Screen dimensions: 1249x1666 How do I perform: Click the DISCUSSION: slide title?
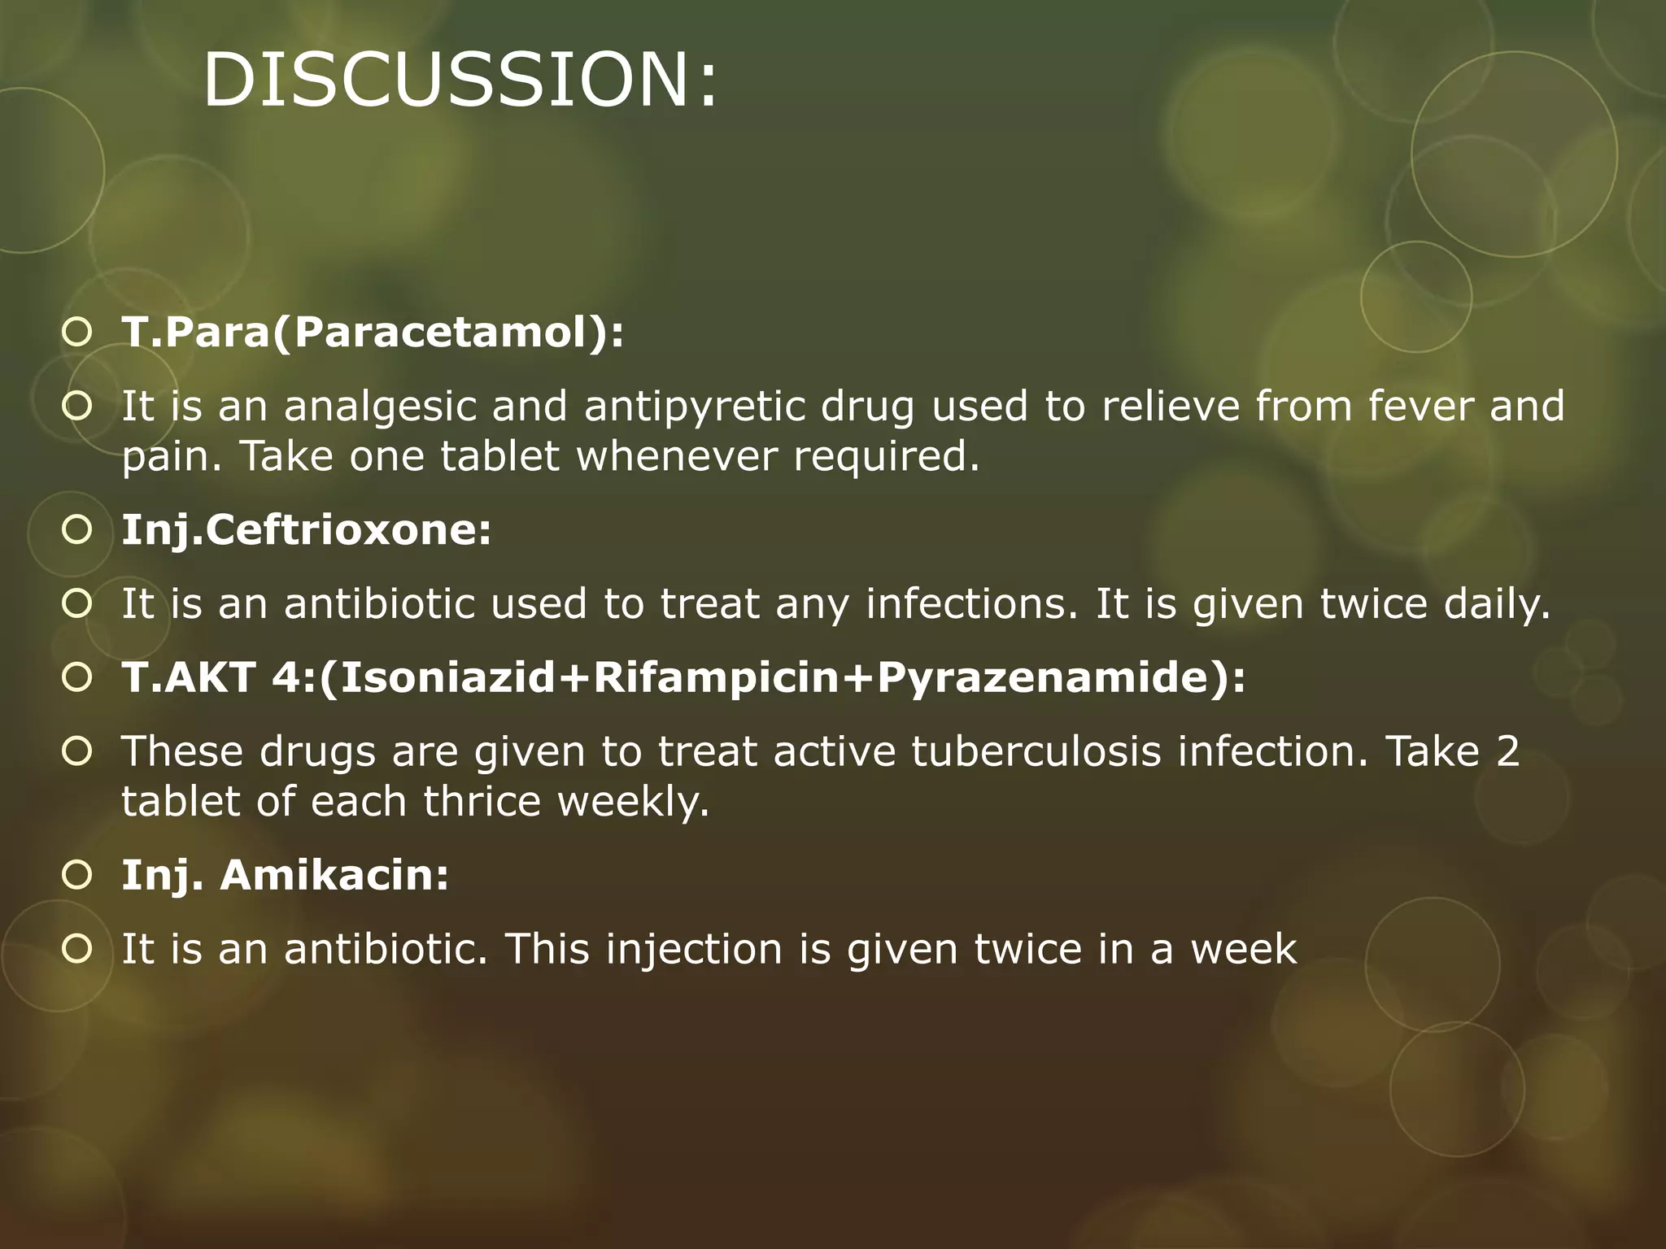point(460,80)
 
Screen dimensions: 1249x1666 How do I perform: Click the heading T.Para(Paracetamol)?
point(373,333)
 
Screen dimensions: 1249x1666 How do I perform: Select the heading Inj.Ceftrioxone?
point(307,530)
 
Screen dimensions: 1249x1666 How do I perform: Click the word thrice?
point(482,802)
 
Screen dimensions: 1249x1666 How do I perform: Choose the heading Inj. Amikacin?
point(285,876)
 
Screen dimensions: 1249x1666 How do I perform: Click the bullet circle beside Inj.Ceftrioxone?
point(76,530)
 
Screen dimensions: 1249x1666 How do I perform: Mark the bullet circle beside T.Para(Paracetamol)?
point(76,333)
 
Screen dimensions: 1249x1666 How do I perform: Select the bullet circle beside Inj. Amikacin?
point(76,876)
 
